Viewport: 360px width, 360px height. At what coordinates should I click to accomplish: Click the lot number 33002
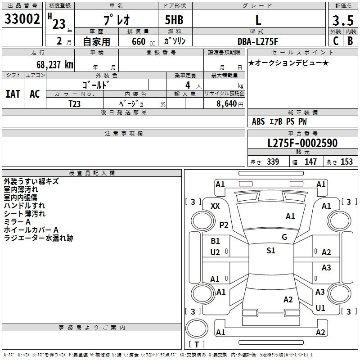(x=22, y=19)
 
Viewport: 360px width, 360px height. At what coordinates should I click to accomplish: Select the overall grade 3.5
(x=343, y=21)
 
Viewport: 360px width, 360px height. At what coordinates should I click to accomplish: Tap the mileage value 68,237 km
(x=55, y=65)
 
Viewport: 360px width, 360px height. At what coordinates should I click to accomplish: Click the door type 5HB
(x=174, y=20)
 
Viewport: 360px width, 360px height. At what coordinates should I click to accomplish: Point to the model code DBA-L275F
(x=257, y=41)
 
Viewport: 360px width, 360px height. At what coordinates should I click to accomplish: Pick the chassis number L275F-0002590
(x=302, y=143)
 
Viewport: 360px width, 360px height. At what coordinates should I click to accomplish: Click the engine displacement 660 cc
(x=143, y=41)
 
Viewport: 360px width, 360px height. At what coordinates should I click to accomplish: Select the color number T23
(x=74, y=104)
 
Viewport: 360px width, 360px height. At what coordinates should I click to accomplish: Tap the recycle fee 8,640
(x=227, y=104)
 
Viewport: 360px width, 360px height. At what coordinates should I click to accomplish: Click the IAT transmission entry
(x=13, y=94)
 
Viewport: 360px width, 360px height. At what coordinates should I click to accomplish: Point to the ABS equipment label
(x=258, y=121)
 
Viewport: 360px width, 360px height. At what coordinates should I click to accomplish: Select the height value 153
(x=346, y=162)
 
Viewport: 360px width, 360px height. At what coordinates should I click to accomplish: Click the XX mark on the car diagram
(x=215, y=206)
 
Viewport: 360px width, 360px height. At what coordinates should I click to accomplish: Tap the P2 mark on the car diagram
(x=224, y=225)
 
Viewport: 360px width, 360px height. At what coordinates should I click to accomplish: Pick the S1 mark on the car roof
(x=271, y=251)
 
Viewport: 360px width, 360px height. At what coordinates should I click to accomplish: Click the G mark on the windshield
(x=284, y=237)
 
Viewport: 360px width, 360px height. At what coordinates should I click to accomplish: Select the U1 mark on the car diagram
(x=320, y=308)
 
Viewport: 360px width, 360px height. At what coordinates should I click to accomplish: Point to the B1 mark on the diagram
(x=215, y=241)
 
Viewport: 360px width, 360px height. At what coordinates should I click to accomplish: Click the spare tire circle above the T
(x=197, y=328)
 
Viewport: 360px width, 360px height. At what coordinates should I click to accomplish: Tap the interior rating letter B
(x=350, y=41)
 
